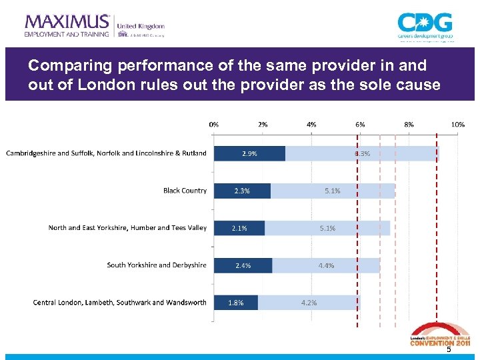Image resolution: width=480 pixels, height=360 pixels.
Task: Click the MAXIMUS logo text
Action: pos(67,21)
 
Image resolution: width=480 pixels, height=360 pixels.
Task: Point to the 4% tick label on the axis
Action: pos(311,125)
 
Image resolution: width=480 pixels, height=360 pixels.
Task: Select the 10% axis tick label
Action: pos(458,125)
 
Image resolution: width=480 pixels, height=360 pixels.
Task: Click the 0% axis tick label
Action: pos(214,125)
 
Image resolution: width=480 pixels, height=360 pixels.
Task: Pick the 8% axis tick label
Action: pos(409,125)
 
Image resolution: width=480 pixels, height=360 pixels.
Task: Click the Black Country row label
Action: pos(185,191)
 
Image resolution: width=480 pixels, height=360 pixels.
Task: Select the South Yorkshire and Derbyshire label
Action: pos(157,265)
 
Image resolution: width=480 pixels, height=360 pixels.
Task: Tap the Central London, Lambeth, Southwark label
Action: pos(120,303)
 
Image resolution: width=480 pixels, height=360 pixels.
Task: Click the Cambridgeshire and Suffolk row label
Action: pos(107,153)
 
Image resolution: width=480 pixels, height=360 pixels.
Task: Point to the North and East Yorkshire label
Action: pos(127,228)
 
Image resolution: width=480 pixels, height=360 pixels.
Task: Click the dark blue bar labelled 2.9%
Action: pos(249,153)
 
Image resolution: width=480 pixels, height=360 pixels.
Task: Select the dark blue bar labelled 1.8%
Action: pos(236,303)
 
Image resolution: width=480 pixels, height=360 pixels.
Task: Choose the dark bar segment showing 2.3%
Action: pos(242,191)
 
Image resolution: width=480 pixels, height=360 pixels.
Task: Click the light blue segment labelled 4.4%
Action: pos(326,265)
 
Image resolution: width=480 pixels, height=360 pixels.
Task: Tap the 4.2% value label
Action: pos(309,303)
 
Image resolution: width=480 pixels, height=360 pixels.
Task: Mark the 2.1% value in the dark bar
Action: pos(239,228)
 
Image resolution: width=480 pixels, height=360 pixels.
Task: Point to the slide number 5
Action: pos(448,350)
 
